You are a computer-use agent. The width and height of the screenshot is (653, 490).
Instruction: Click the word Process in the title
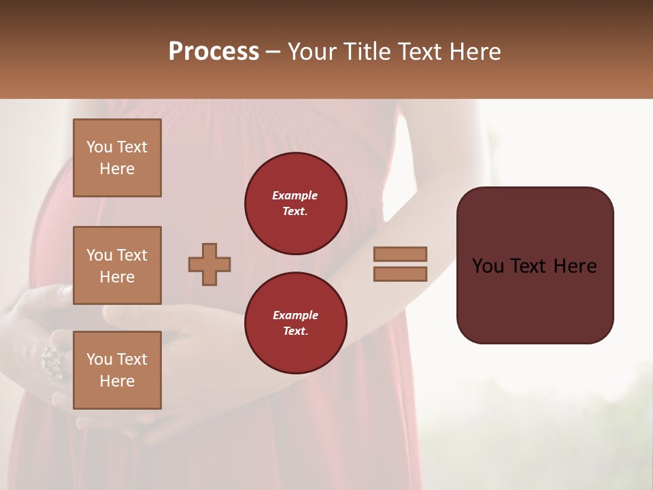click(214, 52)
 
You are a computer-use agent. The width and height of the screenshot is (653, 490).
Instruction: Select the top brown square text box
click(117, 158)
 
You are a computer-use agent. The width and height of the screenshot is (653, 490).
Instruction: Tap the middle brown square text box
click(117, 265)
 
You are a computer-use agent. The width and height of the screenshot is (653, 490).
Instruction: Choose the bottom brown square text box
click(117, 370)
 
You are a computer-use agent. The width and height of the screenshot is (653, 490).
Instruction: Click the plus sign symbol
click(210, 264)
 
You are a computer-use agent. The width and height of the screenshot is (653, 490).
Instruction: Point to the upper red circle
click(295, 203)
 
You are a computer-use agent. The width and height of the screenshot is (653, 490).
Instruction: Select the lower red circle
click(295, 323)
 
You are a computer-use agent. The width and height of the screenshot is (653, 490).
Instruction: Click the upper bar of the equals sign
click(400, 254)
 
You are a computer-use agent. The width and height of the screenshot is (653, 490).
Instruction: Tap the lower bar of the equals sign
click(400, 274)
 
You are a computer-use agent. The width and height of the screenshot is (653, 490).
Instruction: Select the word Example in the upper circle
click(295, 195)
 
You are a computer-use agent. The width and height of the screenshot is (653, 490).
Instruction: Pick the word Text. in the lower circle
click(295, 331)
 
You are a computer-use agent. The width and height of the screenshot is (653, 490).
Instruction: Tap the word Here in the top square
click(117, 169)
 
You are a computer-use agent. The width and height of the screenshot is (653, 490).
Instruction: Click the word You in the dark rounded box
click(488, 266)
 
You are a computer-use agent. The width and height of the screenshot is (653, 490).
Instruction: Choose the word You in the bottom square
click(99, 359)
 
